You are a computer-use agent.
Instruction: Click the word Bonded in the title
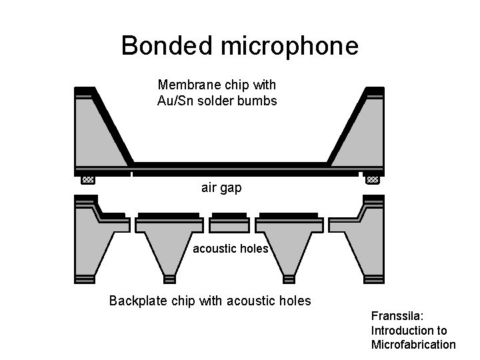[x=165, y=46]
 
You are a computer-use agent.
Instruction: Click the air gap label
[x=221, y=188]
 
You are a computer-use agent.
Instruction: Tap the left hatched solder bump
[x=88, y=179]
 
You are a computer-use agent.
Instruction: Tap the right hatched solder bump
[x=373, y=179]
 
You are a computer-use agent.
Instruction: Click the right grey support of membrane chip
[x=359, y=133]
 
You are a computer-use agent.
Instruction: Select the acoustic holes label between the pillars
[x=230, y=249]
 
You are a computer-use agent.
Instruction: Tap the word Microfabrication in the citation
[x=413, y=344]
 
